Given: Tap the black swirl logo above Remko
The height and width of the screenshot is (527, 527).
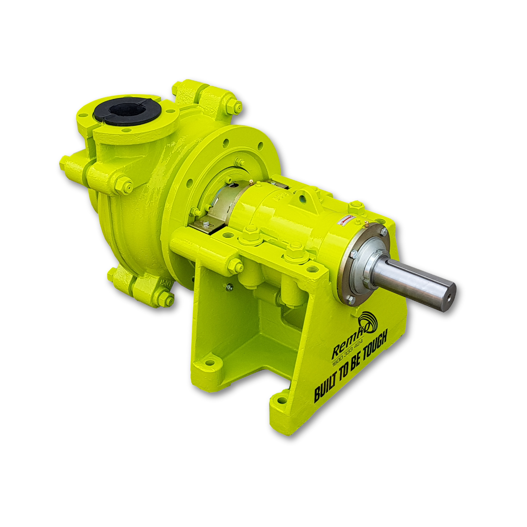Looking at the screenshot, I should (x=367, y=322).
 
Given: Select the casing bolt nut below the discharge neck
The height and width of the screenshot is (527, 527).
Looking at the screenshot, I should (x=125, y=185).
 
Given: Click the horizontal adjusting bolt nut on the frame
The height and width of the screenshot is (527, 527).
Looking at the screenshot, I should (x=235, y=265).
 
